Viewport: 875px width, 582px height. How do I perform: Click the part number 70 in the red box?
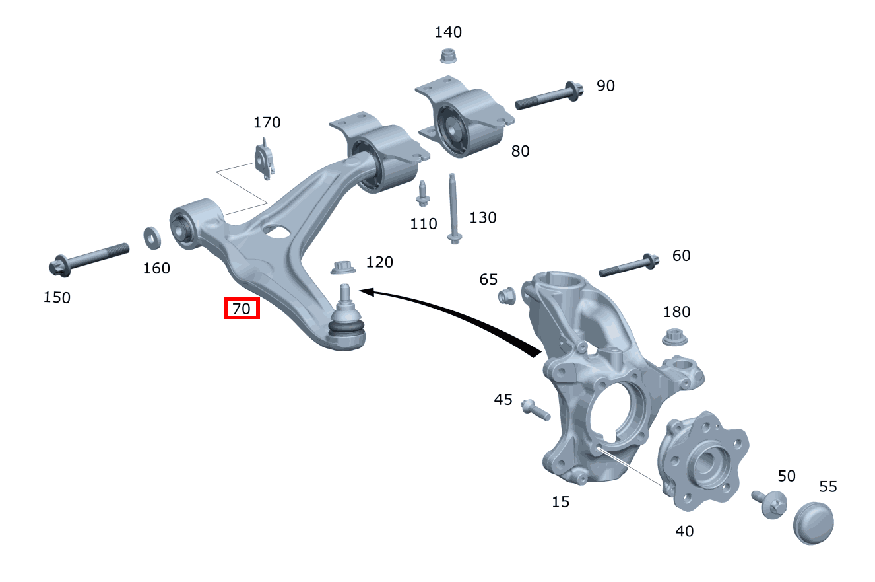pos(242,308)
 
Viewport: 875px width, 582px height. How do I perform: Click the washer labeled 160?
pos(153,238)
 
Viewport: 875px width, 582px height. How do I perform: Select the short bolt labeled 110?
pos(422,193)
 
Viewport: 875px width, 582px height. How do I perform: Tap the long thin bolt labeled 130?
pos(453,208)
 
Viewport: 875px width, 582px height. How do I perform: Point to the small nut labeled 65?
pos(507,296)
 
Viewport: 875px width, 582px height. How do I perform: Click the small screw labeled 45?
pos(535,410)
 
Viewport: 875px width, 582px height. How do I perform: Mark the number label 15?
pos(560,501)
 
